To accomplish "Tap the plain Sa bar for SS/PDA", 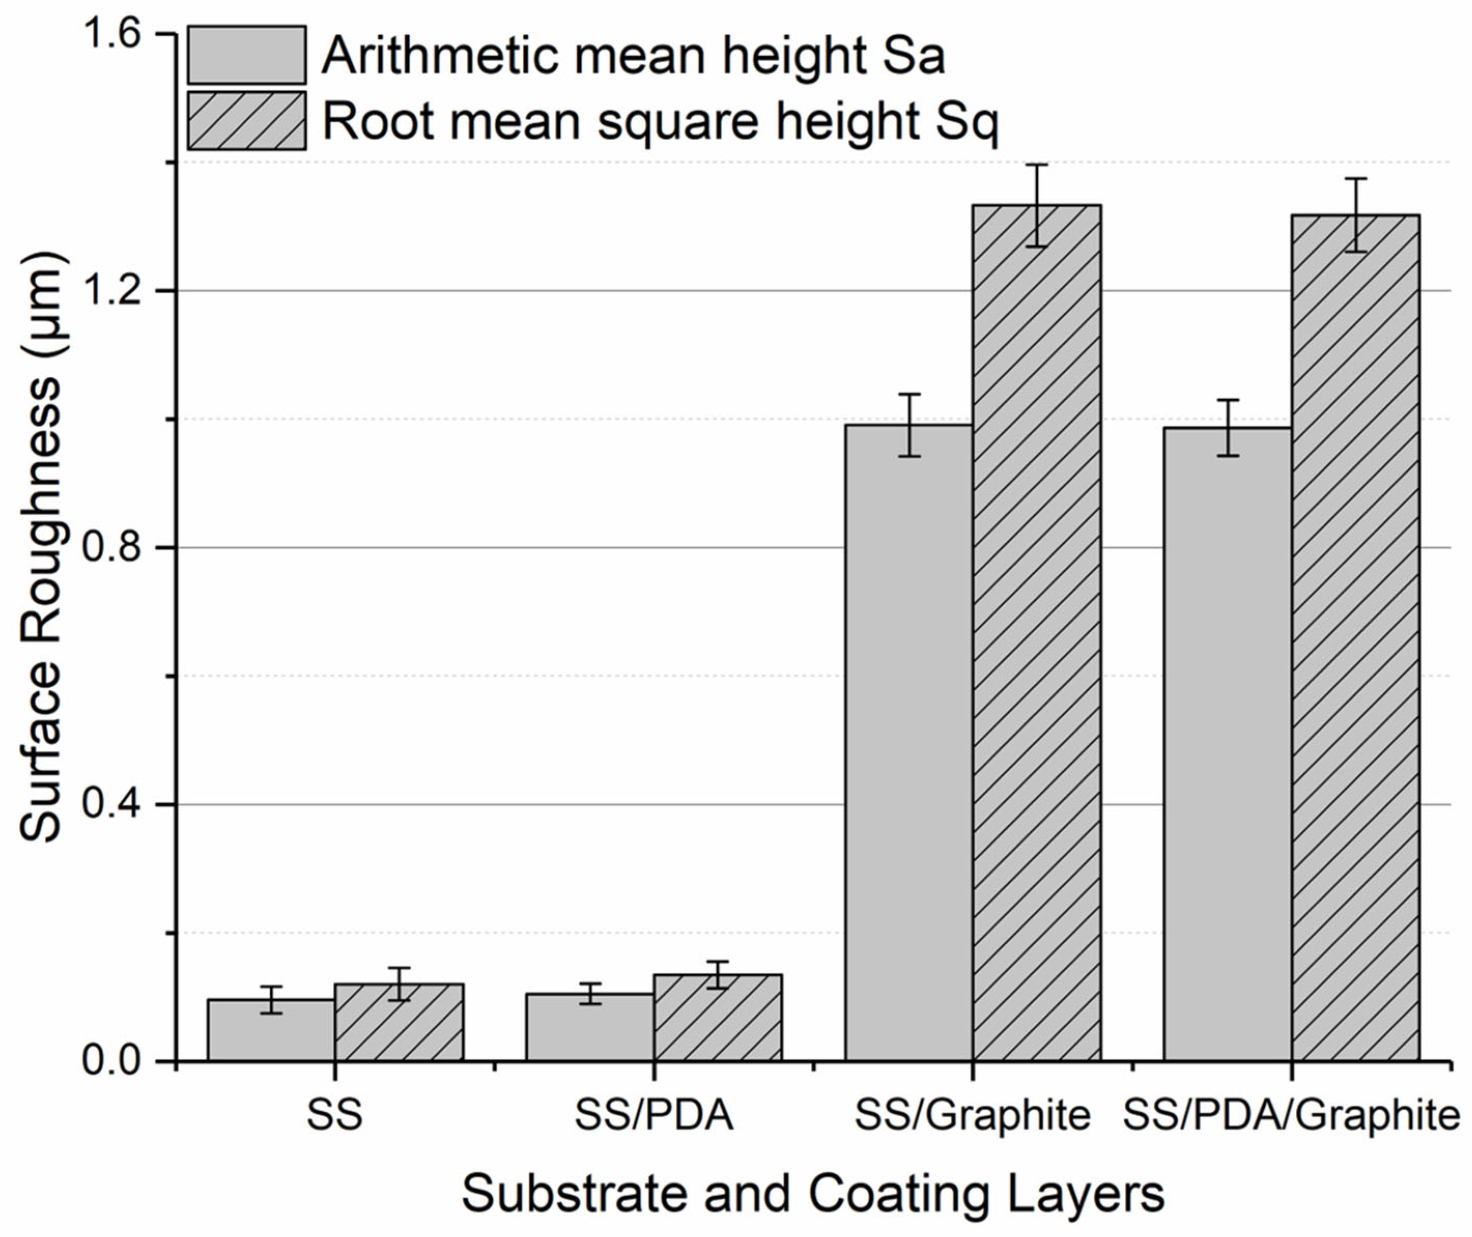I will click(590, 1027).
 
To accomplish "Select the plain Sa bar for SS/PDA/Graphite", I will click(1228, 743).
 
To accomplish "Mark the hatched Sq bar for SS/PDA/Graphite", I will click(1355, 637).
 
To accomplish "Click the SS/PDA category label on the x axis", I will click(654, 1116).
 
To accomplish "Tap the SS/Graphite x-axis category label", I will click(973, 1116).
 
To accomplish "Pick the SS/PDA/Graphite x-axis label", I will click(1291, 1116).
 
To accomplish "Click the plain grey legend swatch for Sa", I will click(247, 55).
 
